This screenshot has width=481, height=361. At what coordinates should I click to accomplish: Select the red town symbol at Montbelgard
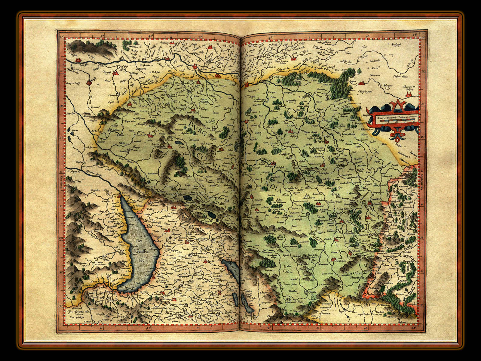pos(333,259)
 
